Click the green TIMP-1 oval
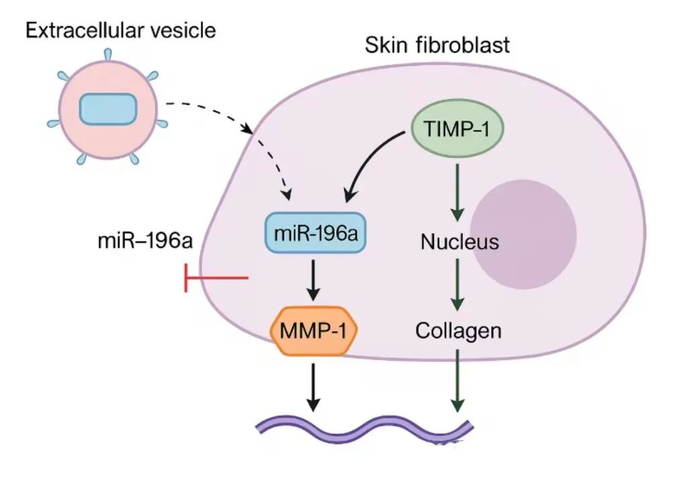click(x=456, y=128)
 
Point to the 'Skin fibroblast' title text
click(x=437, y=46)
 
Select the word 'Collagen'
click(x=458, y=331)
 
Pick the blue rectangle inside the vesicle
click(x=109, y=109)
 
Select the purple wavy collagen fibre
click(x=366, y=427)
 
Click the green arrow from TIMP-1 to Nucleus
click(x=457, y=192)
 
